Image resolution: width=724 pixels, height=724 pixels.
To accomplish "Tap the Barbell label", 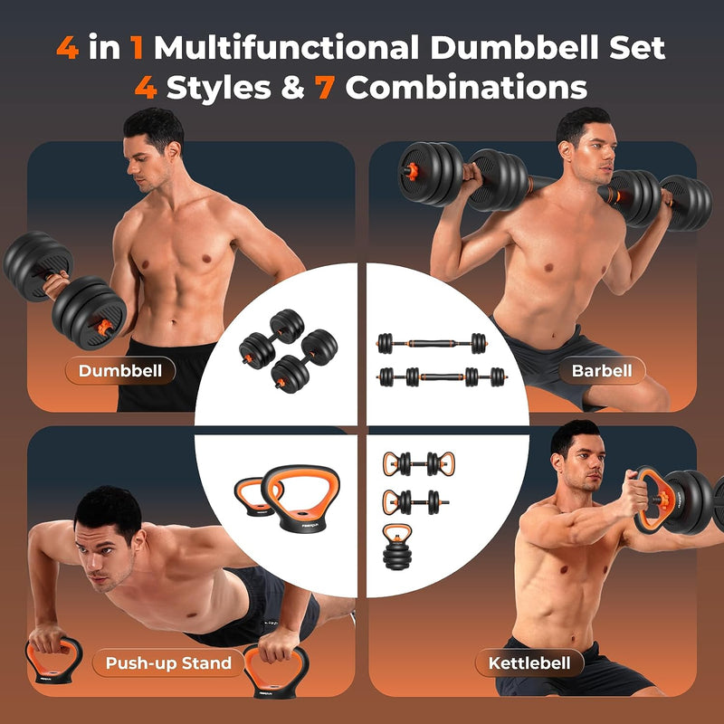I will [600, 370].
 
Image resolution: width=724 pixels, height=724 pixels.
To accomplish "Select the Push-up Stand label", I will [168, 663].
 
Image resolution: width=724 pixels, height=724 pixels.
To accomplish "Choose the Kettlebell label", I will [529, 663].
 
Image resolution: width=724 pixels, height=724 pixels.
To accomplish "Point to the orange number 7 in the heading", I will [326, 88].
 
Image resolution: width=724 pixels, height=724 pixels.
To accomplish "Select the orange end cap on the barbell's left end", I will [406, 168].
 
